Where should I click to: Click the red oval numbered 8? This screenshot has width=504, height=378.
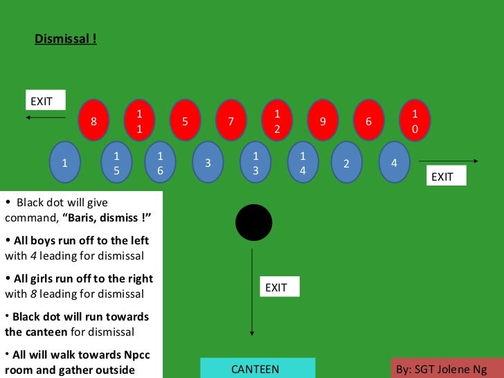[93, 121]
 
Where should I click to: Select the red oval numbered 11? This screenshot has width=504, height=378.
[139, 121]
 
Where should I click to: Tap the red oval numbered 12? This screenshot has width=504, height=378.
[276, 121]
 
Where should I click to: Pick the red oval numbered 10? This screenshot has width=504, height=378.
[415, 121]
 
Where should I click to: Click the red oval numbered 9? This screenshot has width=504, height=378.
[323, 121]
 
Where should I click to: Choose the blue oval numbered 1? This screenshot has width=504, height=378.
[64, 163]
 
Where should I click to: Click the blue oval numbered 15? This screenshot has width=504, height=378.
[116, 163]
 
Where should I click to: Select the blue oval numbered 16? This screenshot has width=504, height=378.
[160, 163]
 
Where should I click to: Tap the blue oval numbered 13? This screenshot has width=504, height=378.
[255, 163]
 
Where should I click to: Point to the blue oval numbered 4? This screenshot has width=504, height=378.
[394, 163]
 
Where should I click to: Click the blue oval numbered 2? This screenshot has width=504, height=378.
[347, 163]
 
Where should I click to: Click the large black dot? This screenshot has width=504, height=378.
[254, 223]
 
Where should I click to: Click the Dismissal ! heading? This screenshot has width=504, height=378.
[66, 39]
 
